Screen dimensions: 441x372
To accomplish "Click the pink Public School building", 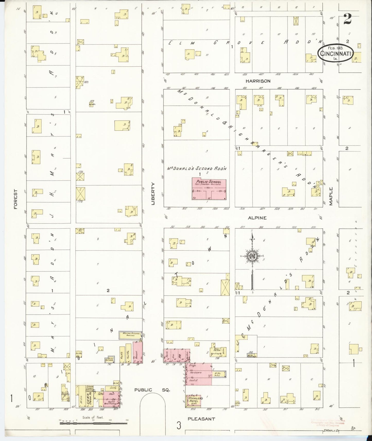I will pyautogui.click(x=209, y=189).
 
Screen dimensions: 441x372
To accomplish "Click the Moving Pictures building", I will pyautogui.click(x=131, y=335).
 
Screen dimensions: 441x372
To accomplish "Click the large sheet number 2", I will pyautogui.click(x=347, y=19).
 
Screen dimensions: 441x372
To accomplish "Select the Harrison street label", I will pyautogui.click(x=258, y=81).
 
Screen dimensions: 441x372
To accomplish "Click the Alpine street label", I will pyautogui.click(x=257, y=218).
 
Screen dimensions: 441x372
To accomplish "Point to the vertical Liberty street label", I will pyautogui.click(x=154, y=193).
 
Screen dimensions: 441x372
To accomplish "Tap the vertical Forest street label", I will pyautogui.click(x=16, y=199).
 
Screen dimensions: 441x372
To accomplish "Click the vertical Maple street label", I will pyautogui.click(x=331, y=196).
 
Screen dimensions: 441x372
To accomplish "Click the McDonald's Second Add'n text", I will pyautogui.click(x=197, y=169).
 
